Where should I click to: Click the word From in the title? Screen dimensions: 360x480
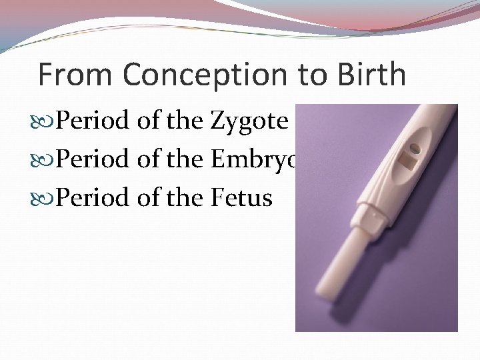[75, 75]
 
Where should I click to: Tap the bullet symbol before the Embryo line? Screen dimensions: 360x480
[45, 161]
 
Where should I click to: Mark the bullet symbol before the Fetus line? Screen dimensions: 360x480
[45, 198]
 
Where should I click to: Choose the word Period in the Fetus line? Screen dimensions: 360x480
[93, 198]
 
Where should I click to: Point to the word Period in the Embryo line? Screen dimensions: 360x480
[93, 161]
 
